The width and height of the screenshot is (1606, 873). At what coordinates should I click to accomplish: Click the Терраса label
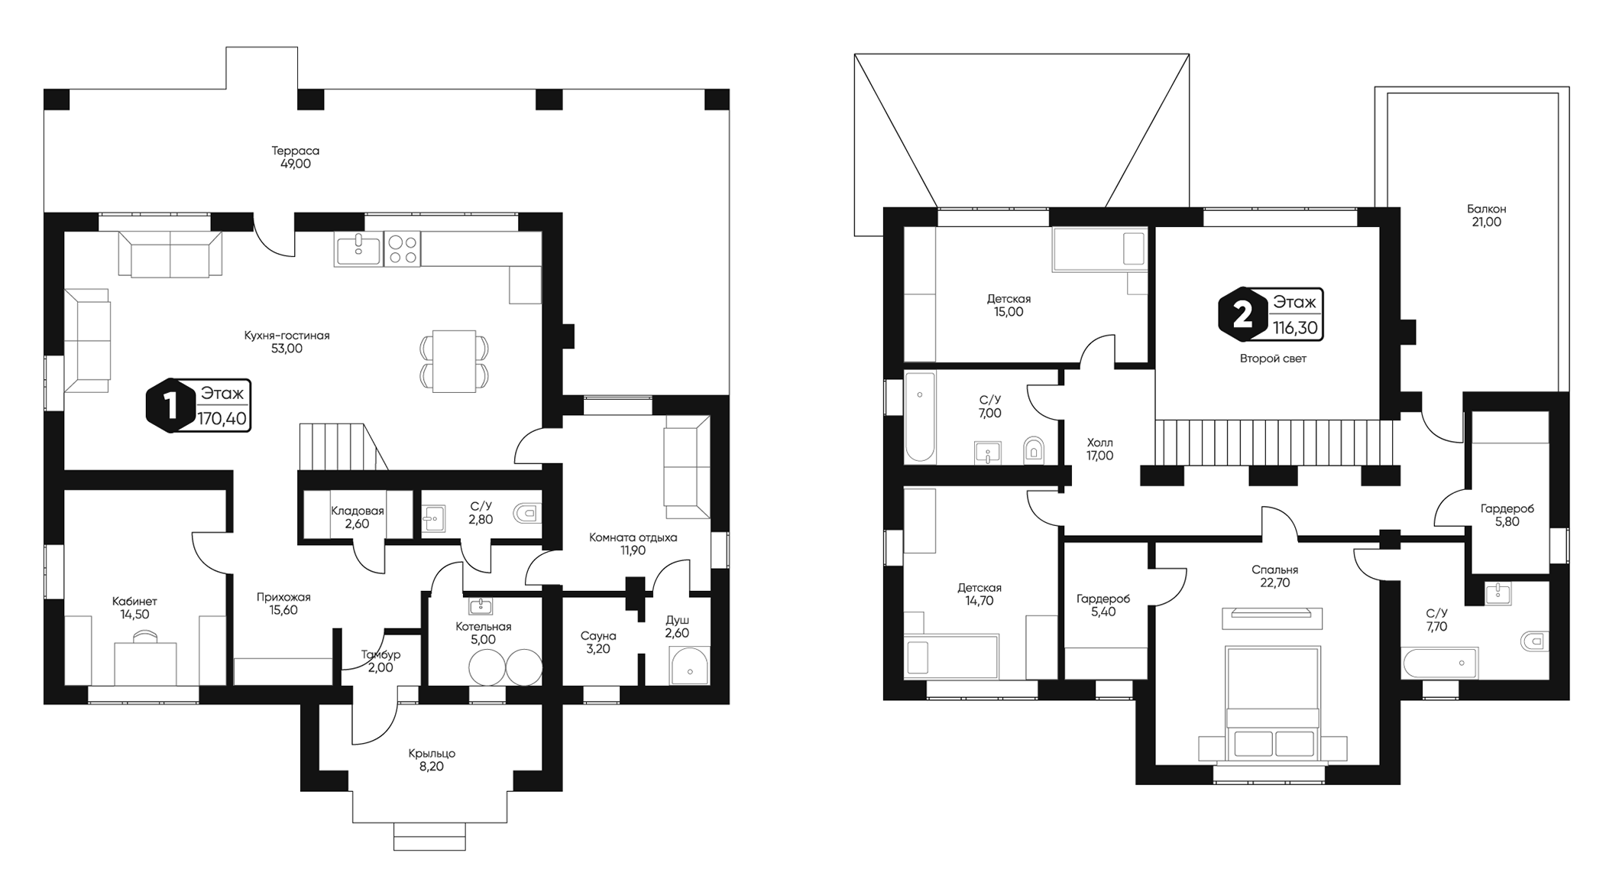295,151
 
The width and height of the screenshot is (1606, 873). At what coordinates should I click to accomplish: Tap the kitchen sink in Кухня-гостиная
358,249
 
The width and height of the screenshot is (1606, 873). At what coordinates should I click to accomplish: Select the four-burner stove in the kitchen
402,249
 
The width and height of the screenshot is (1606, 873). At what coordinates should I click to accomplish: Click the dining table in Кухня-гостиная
454,362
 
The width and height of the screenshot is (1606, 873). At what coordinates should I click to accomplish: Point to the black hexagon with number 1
170,405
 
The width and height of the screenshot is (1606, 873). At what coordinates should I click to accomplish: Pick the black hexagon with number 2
1242,314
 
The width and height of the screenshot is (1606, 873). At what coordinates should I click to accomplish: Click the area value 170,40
222,418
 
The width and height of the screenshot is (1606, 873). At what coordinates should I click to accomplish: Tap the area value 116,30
1295,328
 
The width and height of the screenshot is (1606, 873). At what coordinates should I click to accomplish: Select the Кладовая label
358,511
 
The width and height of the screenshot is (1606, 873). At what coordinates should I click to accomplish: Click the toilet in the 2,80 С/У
527,513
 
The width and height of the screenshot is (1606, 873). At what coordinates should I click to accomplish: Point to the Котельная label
483,627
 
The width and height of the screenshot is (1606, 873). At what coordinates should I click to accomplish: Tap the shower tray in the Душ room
689,667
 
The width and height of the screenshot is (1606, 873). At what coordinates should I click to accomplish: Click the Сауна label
597,636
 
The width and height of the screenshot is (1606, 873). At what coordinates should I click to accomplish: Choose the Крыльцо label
431,754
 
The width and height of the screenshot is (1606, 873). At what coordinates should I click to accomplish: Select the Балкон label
1486,209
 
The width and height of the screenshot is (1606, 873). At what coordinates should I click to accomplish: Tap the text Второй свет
1273,359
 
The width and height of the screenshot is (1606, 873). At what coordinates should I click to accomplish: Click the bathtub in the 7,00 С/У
920,417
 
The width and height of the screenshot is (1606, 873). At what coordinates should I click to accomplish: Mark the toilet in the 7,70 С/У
1534,641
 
